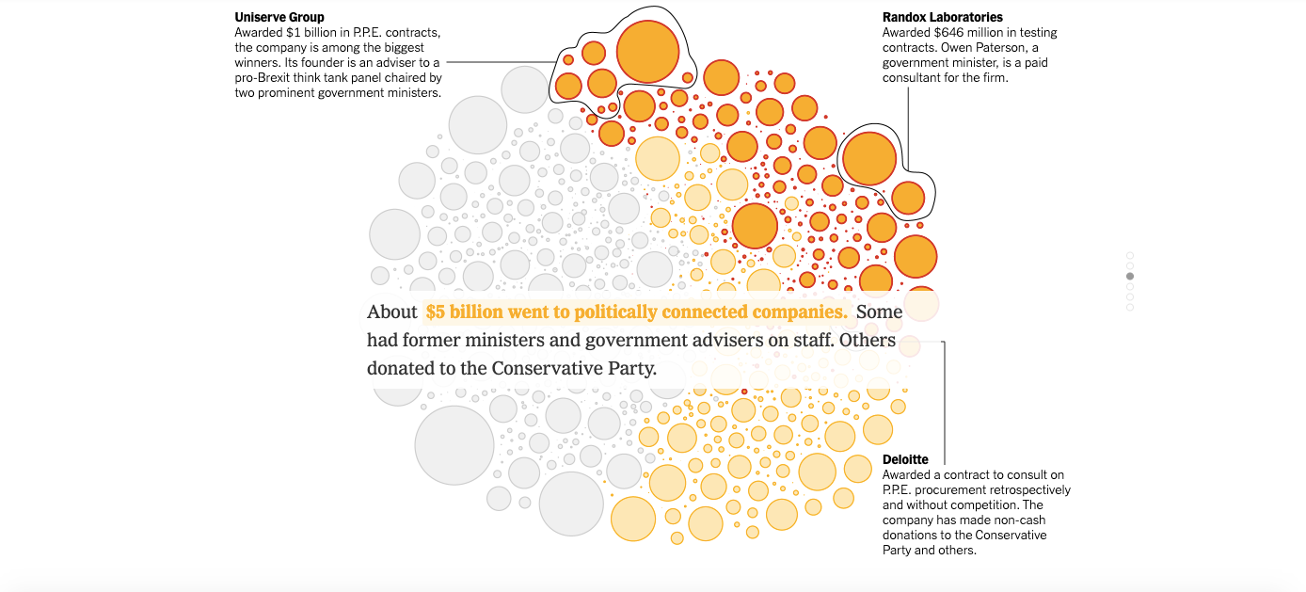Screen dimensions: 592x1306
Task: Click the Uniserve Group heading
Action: tap(279, 17)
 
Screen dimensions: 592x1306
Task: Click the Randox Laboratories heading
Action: tap(942, 17)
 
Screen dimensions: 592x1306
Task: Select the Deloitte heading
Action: tap(905, 459)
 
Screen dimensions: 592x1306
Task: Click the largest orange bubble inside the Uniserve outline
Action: tap(647, 50)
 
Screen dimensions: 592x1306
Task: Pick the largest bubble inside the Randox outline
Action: tap(868, 158)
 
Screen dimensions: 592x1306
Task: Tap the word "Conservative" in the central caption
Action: tap(545, 368)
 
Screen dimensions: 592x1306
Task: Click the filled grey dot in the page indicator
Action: tap(1130, 277)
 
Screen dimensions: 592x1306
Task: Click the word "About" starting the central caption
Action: tap(391, 312)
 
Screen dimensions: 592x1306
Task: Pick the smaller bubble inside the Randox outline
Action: tap(908, 198)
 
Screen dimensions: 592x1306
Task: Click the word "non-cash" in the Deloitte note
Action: tap(1019, 520)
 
